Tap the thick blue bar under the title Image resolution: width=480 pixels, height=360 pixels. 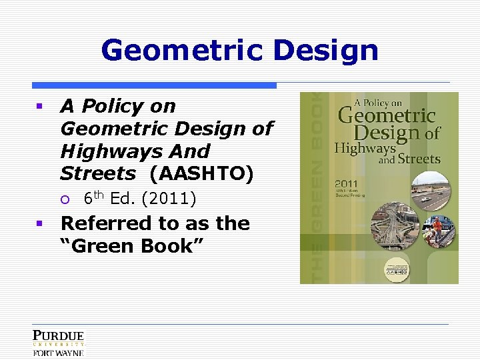point(154,85)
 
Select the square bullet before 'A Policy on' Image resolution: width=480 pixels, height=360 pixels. point(40,106)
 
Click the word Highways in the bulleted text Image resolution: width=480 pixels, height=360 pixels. point(98,151)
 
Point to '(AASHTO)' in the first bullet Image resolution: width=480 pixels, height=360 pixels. point(202,174)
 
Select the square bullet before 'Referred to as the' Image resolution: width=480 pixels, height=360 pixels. point(40,223)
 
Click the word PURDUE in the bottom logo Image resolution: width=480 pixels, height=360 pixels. point(59,336)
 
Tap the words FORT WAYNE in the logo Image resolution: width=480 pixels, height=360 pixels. point(59,353)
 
